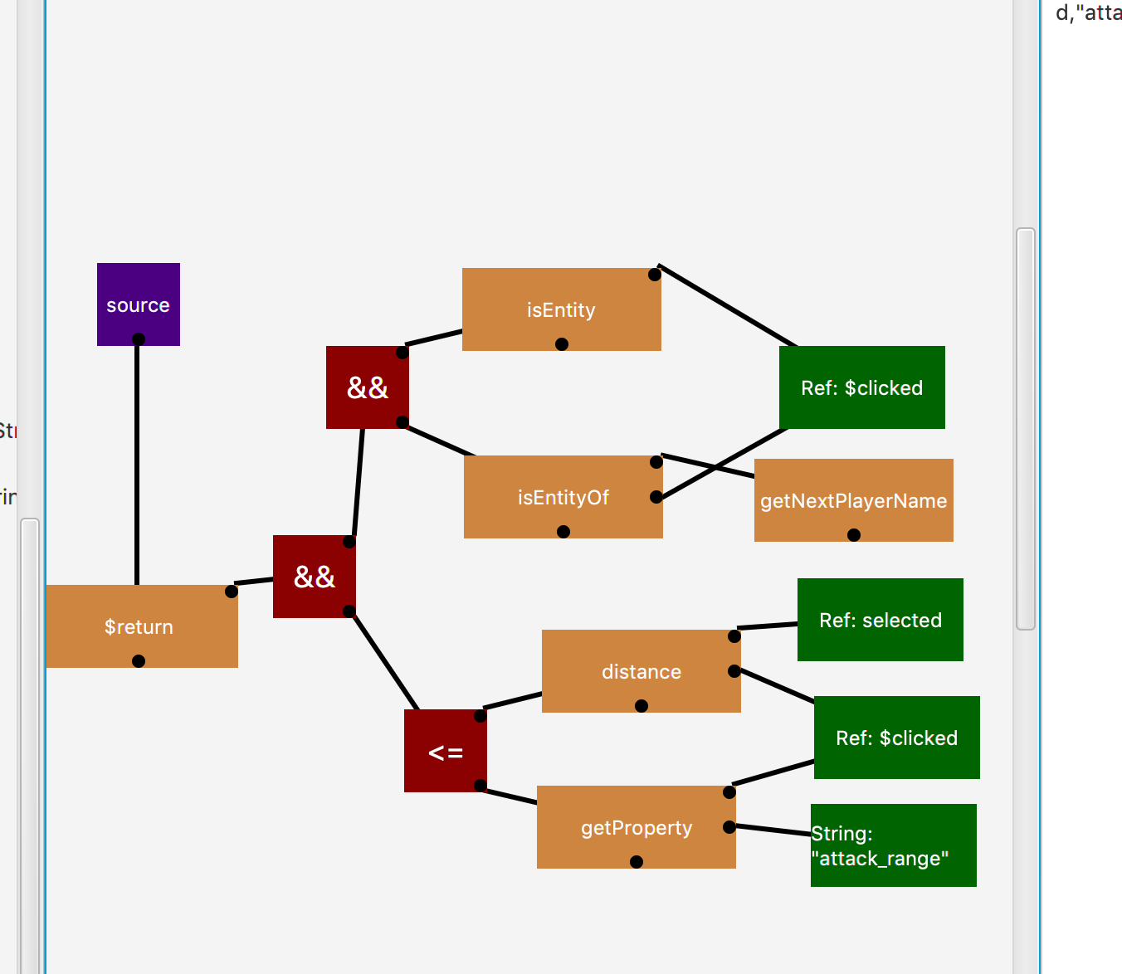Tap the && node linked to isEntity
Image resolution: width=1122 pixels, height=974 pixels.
tap(367, 387)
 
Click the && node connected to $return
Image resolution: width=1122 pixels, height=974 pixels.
tap(314, 576)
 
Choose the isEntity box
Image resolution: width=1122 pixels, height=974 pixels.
tap(561, 309)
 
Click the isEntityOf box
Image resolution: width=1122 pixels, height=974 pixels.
tap(563, 496)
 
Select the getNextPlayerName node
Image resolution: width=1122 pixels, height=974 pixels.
tap(853, 499)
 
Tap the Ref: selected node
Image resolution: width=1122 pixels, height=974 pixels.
tap(880, 619)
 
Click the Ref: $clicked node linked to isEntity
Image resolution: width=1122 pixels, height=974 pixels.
tap(861, 387)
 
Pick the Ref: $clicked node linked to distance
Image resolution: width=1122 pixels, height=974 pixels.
tap(896, 737)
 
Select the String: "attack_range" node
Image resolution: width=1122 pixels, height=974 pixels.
tap(893, 845)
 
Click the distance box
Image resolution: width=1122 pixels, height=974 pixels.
tap(641, 670)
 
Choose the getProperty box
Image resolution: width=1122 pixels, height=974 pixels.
tap(636, 826)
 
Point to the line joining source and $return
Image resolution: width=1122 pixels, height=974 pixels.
tap(137, 465)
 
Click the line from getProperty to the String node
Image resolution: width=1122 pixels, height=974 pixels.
tap(772, 830)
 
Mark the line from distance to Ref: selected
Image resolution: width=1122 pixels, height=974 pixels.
tap(767, 626)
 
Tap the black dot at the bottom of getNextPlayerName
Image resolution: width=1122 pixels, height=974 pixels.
tap(854, 535)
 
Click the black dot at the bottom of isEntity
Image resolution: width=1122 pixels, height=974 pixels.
tap(562, 344)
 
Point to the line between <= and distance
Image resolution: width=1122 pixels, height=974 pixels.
tap(512, 701)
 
